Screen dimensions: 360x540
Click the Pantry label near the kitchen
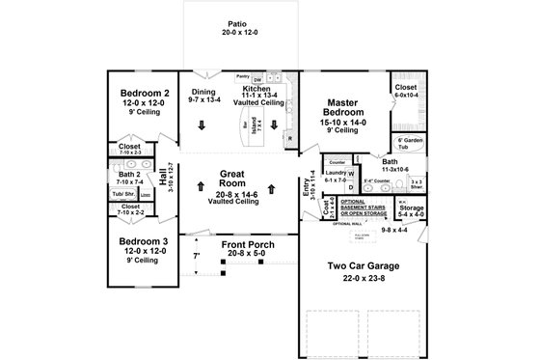243,74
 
